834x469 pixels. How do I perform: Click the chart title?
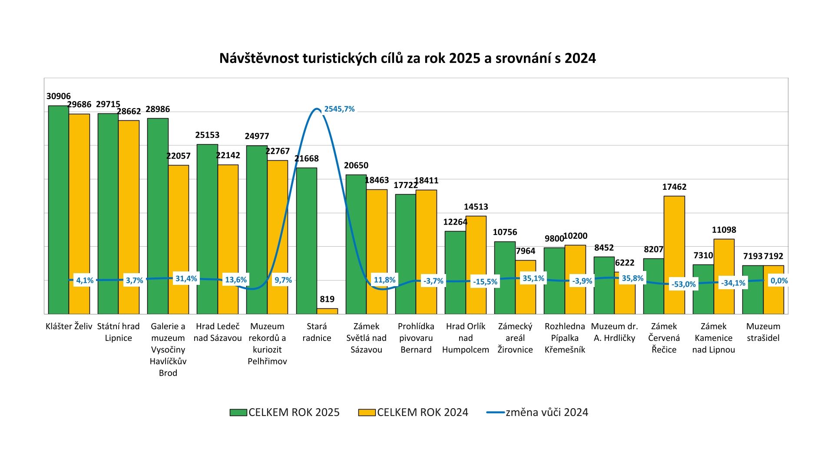coord(407,58)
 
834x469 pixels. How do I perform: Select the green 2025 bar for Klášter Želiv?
coord(59,208)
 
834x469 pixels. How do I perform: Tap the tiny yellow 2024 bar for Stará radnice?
coord(327,311)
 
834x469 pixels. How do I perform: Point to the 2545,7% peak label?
coord(339,109)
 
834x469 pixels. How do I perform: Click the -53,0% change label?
coord(683,284)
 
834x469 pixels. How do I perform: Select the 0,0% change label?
coord(779,281)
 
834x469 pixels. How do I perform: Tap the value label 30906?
coord(59,96)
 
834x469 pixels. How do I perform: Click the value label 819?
coord(327,299)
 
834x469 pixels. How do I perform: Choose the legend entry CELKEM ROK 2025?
coord(285,413)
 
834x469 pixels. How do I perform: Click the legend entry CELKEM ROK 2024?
coord(414,413)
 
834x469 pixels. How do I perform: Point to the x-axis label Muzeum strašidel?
coord(763,332)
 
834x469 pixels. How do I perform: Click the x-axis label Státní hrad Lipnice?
coord(118,332)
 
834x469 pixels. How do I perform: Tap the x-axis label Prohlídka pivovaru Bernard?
coord(416,338)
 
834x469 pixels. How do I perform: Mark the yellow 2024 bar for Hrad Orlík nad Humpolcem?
coord(476,265)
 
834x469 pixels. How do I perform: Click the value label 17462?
coord(674,187)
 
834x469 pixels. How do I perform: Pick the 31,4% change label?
coord(186,279)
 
